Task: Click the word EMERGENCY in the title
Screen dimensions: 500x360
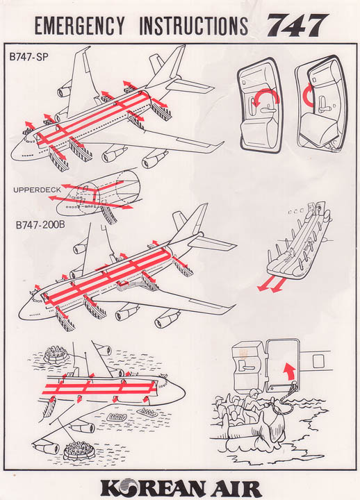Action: tap(79, 26)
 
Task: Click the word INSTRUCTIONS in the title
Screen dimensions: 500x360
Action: tap(194, 26)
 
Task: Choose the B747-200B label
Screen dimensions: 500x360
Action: tap(41, 226)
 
